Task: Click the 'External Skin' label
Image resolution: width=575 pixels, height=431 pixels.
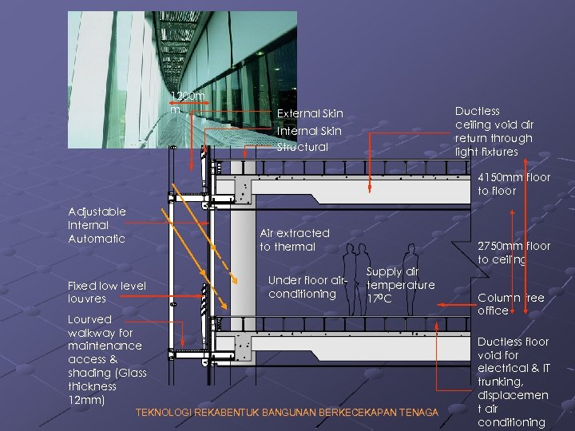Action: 310,114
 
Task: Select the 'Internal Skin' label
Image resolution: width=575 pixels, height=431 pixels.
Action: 309,131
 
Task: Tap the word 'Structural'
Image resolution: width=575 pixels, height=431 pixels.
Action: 303,147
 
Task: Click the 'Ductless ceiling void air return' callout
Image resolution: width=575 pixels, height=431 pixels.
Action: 494,131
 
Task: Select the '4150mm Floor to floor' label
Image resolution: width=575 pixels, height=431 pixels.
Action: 514,184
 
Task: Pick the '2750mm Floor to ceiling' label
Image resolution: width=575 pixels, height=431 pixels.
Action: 514,253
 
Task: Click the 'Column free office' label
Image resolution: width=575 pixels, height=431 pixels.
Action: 510,304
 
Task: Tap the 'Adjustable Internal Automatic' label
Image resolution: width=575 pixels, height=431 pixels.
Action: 97,225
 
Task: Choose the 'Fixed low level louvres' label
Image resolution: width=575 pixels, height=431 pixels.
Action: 107,291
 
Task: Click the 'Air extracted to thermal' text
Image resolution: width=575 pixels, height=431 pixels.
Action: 295,239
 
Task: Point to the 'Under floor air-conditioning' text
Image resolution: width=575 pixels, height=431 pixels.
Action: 308,287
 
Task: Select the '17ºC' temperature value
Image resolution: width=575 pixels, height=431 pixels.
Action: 379,299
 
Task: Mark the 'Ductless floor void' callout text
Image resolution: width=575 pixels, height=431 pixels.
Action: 513,348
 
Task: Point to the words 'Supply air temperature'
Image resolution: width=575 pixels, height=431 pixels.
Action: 400,278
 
